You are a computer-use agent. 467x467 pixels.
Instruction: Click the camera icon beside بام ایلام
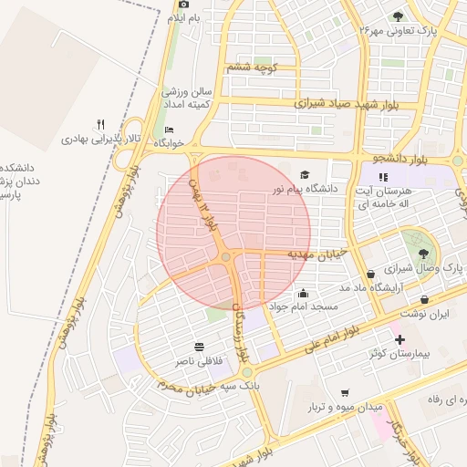click(183, 5)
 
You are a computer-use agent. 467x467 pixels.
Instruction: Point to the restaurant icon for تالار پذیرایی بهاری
click(101, 125)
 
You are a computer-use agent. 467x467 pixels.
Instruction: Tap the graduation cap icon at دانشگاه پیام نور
click(304, 174)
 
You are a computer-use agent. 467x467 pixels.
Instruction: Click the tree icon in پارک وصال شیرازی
click(422, 254)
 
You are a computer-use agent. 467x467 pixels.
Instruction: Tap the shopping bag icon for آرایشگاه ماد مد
click(369, 274)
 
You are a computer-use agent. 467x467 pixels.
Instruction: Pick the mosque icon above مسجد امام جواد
click(303, 294)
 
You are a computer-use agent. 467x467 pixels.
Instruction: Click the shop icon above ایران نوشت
click(425, 299)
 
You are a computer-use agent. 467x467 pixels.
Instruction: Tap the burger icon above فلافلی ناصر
click(199, 347)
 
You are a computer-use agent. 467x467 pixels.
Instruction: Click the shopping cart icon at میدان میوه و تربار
click(344, 392)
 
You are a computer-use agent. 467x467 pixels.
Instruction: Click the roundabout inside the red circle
click(225, 258)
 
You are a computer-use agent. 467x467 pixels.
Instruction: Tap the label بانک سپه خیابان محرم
click(200, 388)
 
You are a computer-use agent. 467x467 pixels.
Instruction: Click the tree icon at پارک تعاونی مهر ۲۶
click(397, 16)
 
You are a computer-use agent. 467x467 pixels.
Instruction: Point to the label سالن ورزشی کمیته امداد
click(186, 99)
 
